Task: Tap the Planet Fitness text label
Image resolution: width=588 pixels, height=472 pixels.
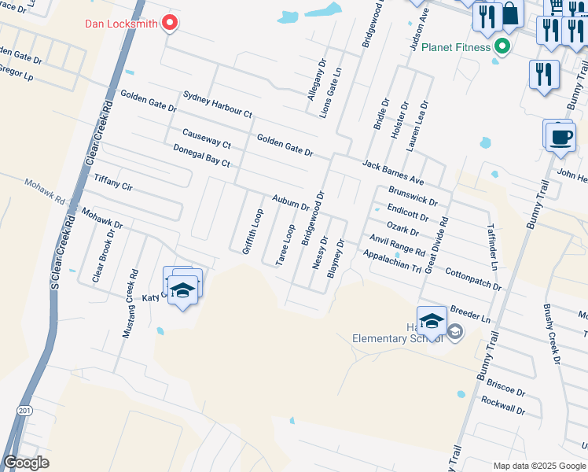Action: click(456, 47)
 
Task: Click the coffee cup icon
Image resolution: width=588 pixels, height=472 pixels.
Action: click(560, 137)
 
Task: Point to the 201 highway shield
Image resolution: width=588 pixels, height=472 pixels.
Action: click(24, 411)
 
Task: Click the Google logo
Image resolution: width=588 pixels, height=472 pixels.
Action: click(26, 463)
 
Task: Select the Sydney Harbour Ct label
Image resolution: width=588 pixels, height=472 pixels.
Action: click(217, 104)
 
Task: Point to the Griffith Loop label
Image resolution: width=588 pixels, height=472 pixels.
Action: click(252, 230)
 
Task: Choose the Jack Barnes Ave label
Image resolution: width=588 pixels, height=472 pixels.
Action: click(393, 168)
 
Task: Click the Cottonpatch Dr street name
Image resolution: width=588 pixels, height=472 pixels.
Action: click(473, 278)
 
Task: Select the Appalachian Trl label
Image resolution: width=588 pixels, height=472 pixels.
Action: click(391, 262)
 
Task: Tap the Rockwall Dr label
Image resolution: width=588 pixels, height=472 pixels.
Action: click(502, 406)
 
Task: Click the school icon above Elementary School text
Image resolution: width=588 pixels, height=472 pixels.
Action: click(432, 319)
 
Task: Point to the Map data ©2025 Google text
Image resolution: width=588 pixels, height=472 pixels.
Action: click(539, 466)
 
